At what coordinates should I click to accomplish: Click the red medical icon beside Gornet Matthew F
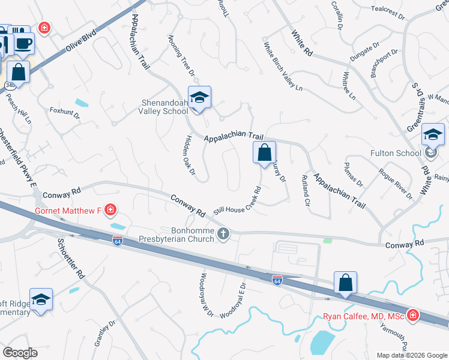[110, 210]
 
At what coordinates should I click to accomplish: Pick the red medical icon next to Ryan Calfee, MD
[412, 315]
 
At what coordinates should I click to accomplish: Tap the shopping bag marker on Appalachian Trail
[264, 153]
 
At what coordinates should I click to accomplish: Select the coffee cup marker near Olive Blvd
[24, 43]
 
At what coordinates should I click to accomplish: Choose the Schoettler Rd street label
[70, 259]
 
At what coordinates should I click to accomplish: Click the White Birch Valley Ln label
[283, 67]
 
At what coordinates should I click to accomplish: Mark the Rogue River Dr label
[396, 183]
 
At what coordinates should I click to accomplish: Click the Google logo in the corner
[20, 353]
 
